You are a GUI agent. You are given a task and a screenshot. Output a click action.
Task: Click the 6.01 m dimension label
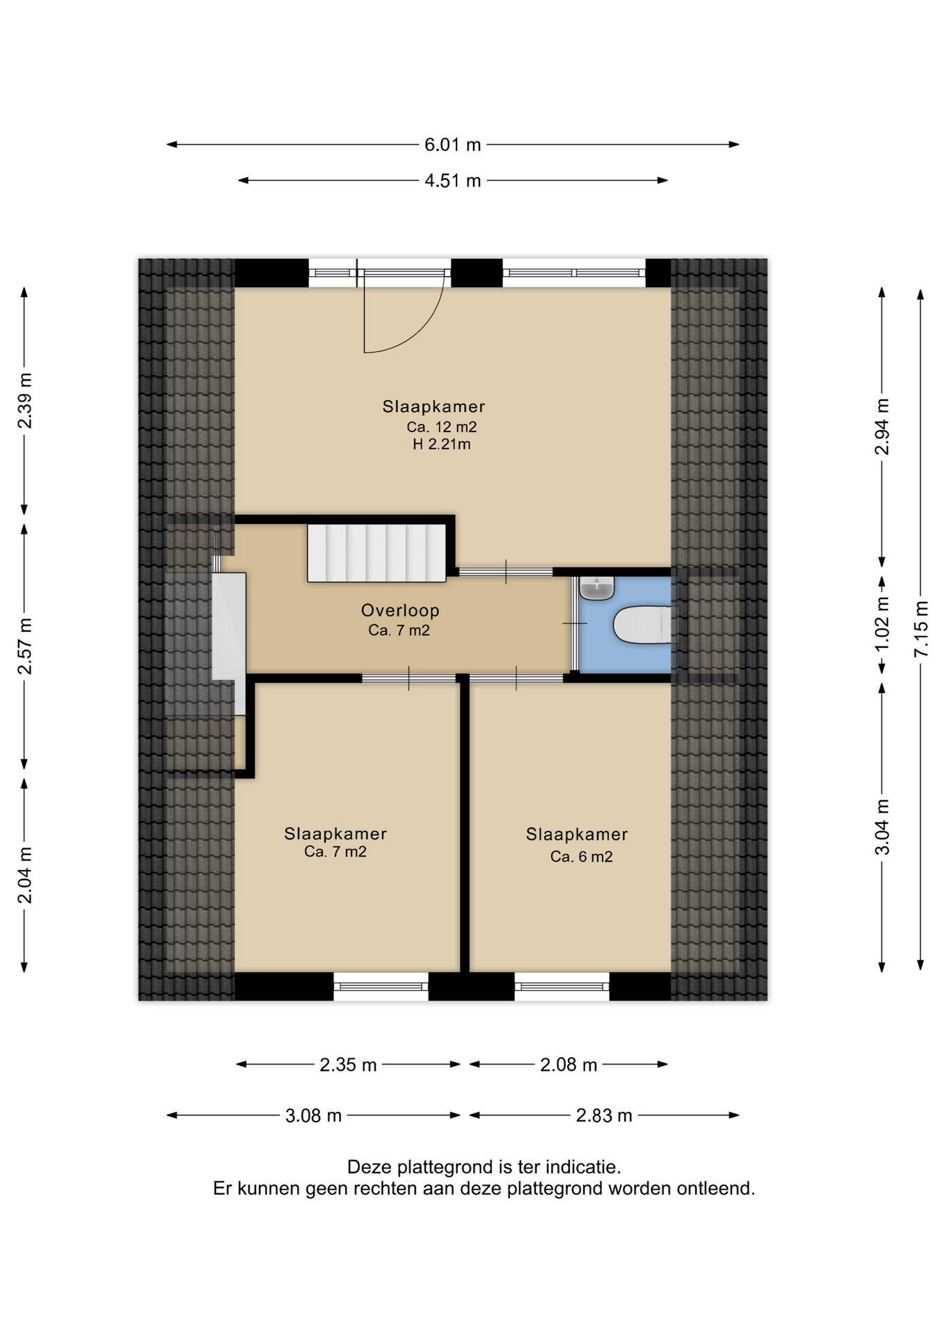point(453,145)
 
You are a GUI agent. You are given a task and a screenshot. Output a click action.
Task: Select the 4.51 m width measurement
point(453,181)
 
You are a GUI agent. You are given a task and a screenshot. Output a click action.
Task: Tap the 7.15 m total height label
point(921,628)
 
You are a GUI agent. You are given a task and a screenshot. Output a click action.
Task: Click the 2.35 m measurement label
point(348,1065)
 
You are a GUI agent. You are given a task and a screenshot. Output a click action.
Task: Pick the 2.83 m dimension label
point(604,1116)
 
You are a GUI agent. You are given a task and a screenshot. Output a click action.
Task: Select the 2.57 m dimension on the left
point(25,646)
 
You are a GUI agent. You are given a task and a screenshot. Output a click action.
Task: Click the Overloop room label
point(400,610)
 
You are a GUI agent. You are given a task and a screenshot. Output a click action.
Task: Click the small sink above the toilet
point(597,589)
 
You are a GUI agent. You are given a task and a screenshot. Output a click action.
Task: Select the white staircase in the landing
point(376,553)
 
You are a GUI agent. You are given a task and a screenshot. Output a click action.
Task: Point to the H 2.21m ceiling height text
point(442,444)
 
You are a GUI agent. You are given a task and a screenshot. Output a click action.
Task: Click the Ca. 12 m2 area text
point(442,427)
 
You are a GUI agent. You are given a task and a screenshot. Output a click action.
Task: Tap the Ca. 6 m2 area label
point(582,857)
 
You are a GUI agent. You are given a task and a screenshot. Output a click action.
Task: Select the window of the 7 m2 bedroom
point(381,986)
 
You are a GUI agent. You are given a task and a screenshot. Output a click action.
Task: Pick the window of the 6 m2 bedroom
point(562,986)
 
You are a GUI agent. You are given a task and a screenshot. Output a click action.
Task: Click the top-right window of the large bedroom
point(574,273)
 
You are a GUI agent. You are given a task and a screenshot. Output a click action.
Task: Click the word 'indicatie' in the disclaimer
point(583,1166)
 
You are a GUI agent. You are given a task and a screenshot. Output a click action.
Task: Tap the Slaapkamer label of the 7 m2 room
point(335,834)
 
